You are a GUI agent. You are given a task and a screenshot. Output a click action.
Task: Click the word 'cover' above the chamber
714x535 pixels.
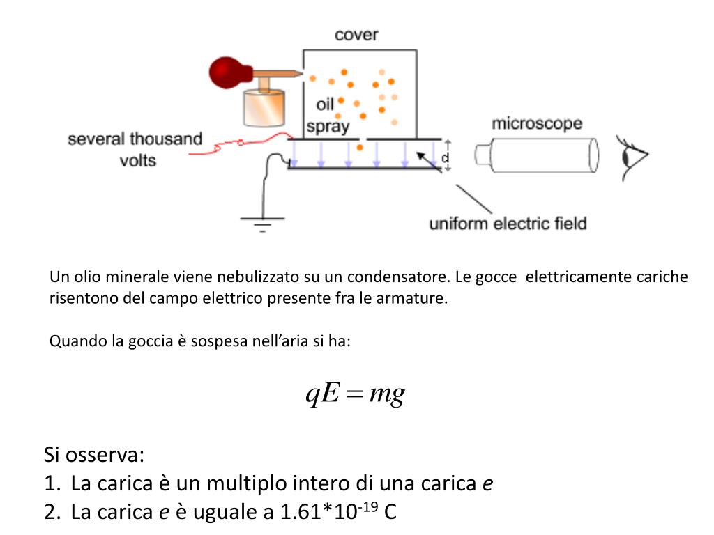pyautogui.click(x=356, y=35)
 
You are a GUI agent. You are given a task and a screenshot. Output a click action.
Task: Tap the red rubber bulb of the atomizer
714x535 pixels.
pyautogui.click(x=227, y=72)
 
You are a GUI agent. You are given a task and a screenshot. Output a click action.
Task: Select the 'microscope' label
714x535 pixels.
pyautogui.click(x=537, y=124)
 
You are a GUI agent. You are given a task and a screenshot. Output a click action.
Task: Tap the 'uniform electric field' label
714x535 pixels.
pyautogui.click(x=508, y=224)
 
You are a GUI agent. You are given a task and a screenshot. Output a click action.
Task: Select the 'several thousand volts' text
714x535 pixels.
pyautogui.click(x=135, y=150)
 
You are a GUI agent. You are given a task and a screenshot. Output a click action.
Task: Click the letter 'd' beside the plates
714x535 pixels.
pyautogui.click(x=446, y=160)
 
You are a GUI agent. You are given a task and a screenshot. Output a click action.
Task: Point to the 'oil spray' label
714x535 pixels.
pyautogui.click(x=327, y=116)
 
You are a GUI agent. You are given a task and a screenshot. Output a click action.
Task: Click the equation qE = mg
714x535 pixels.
pyautogui.click(x=356, y=394)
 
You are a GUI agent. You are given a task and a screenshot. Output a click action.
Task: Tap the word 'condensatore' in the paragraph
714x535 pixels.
pyautogui.click(x=408, y=277)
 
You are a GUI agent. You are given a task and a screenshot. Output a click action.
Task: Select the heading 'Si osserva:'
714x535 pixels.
pyautogui.click(x=93, y=456)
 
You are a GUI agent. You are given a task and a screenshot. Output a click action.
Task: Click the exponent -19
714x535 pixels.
pyautogui.click(x=368, y=506)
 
